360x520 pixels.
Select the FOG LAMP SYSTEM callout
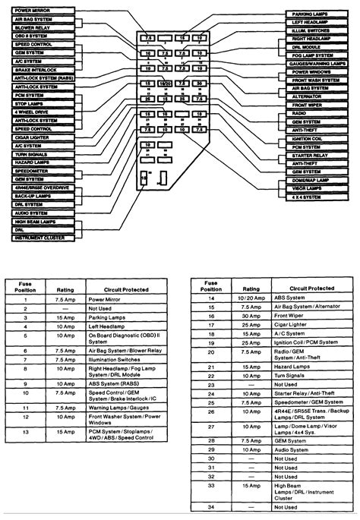tap(313, 55)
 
